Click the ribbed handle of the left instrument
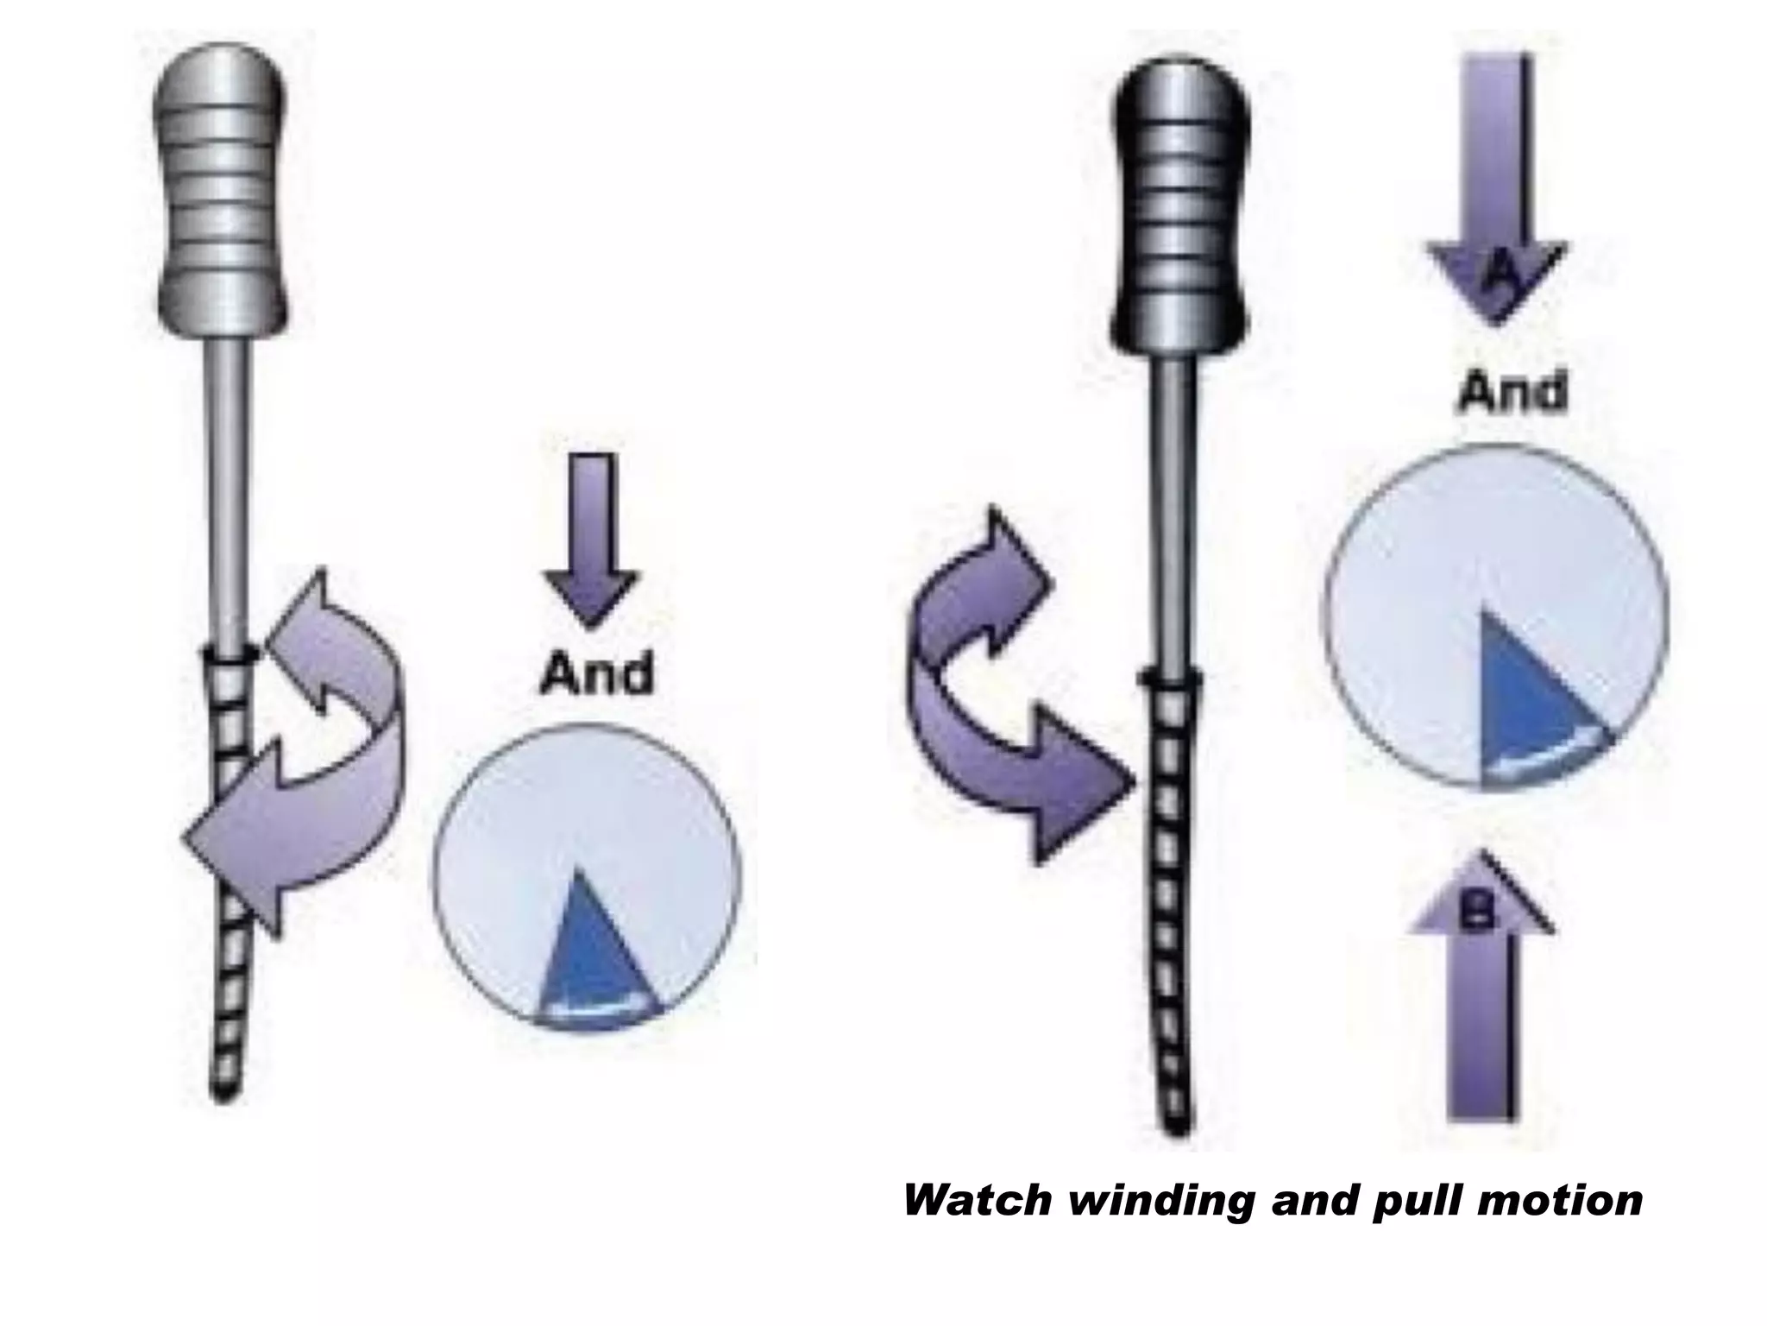pyautogui.click(x=222, y=190)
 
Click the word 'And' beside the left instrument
pyautogui.click(x=596, y=674)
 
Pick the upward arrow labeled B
pyautogui.click(x=1480, y=993)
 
